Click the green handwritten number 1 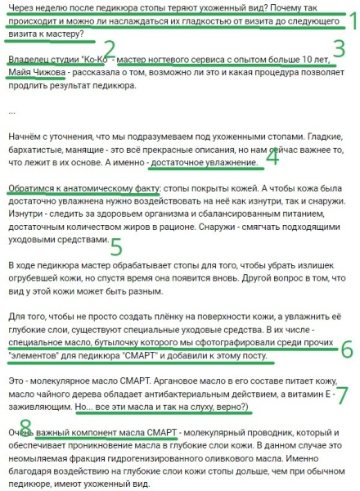point(349,20)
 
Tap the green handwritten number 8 point(25,426)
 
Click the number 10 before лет point(304,61)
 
